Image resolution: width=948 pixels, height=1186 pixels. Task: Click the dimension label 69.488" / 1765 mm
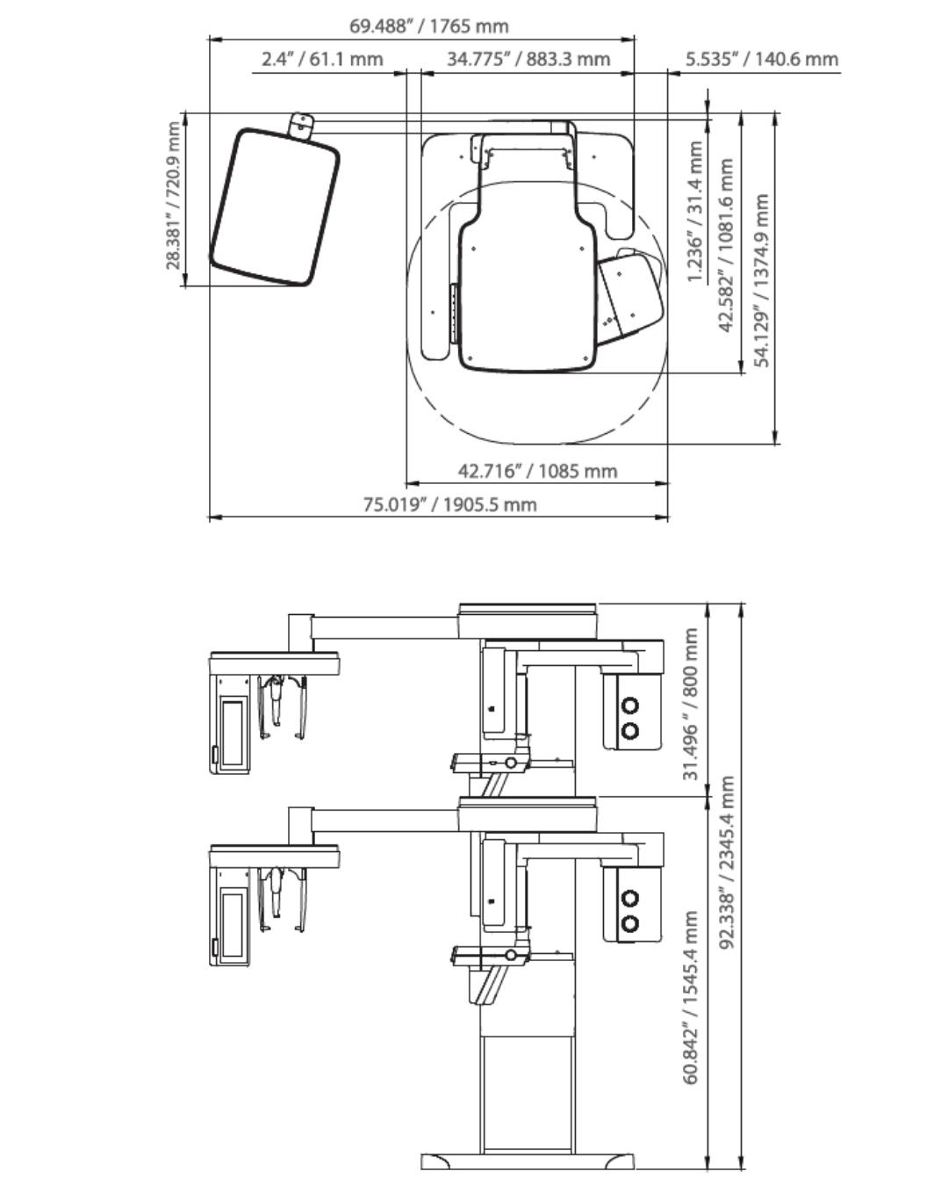point(428,25)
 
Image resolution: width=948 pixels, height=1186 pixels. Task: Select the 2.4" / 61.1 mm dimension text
point(322,59)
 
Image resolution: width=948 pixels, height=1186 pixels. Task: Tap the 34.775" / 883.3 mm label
point(528,59)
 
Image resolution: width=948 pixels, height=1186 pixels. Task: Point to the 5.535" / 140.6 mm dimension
point(761,59)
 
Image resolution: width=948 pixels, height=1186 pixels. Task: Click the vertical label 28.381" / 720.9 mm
point(173,196)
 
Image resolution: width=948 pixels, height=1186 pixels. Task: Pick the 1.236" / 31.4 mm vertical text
point(695,213)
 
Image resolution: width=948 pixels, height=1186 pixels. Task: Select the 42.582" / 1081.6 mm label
point(727,245)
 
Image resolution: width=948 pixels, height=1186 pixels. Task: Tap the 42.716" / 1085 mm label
point(537,471)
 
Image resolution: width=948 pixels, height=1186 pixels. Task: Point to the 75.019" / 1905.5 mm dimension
point(449,504)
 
